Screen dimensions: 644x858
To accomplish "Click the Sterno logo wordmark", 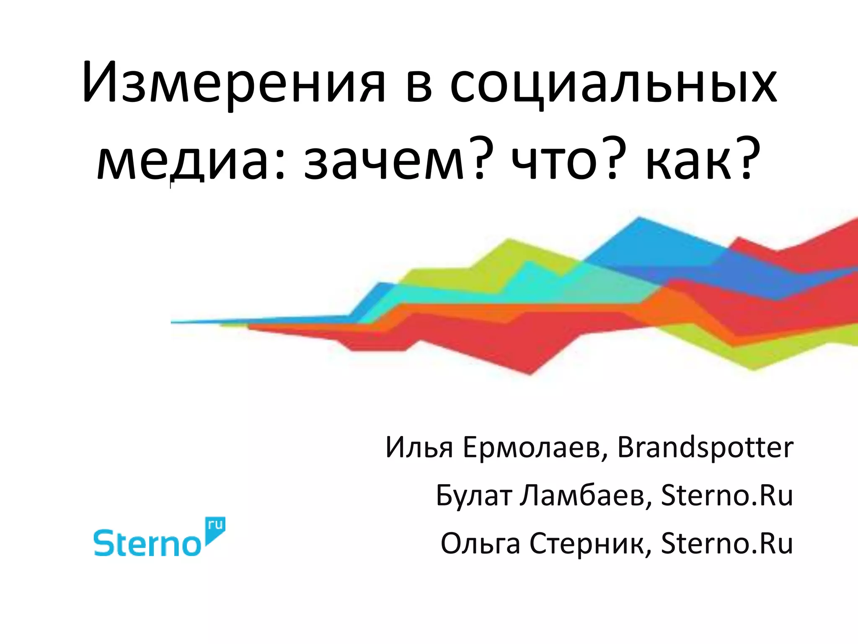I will click(x=147, y=543).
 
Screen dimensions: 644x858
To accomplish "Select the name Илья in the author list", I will click(x=419, y=448).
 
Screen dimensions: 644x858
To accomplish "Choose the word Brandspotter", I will click(x=705, y=448).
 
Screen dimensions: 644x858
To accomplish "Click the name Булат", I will click(x=474, y=496).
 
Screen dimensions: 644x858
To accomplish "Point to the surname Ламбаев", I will click(x=586, y=496).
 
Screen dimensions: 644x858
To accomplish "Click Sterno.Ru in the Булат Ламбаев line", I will click(x=727, y=496).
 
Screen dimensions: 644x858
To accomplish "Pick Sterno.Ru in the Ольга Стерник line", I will click(x=727, y=544).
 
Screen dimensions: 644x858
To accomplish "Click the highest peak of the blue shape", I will click(x=639, y=218).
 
